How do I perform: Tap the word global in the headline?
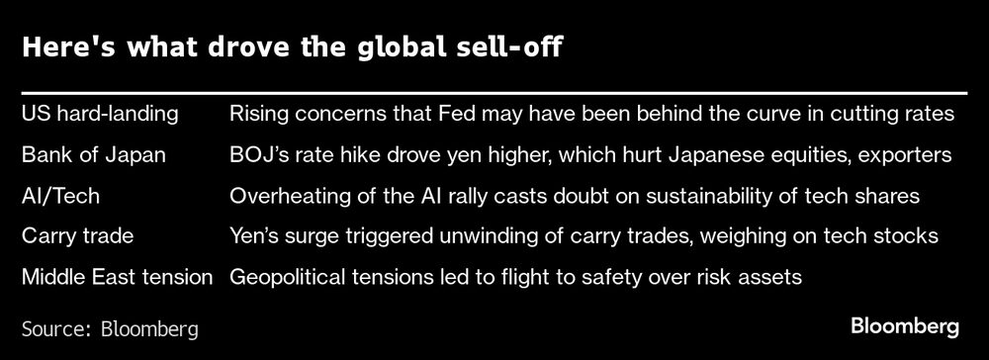click(389, 49)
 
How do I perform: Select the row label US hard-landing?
click(100, 114)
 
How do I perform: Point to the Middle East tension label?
click(118, 278)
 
